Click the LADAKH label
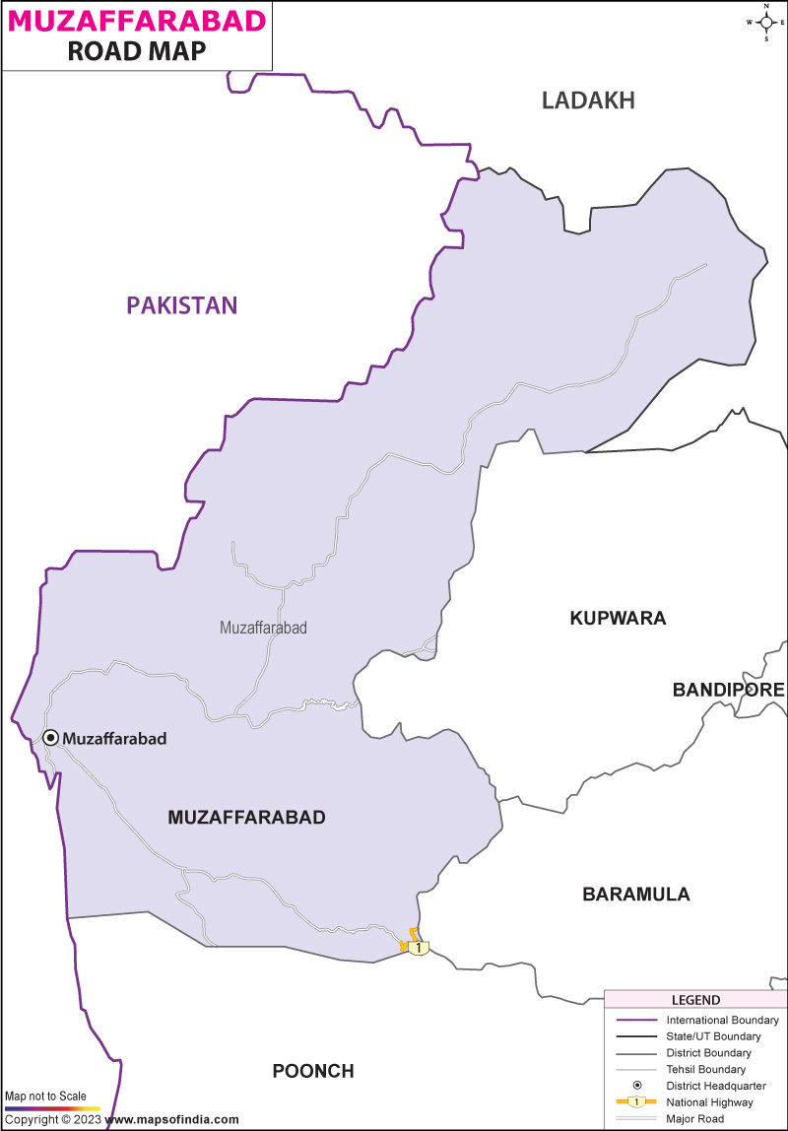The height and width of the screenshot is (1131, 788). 588,100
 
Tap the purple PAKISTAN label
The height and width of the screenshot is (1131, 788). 182,305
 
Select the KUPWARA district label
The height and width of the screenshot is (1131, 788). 618,619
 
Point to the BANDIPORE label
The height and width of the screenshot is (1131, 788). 728,690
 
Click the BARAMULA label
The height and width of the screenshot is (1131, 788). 635,895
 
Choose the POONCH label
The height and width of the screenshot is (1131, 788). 313,1071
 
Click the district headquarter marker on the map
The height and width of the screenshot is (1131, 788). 50,737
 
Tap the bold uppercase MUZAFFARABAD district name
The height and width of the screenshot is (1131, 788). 246,817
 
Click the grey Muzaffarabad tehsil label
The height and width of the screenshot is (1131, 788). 263,627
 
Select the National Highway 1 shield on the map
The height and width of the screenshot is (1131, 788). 419,947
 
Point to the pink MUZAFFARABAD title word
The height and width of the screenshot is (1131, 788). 136,21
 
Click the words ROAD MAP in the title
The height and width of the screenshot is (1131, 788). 137,52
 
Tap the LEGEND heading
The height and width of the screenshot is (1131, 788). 695,1000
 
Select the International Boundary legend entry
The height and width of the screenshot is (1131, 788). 722,1020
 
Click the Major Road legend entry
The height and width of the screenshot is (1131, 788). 695,1118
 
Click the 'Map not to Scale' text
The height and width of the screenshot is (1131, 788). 45,1096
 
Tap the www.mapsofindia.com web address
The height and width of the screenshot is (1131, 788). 171,1119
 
